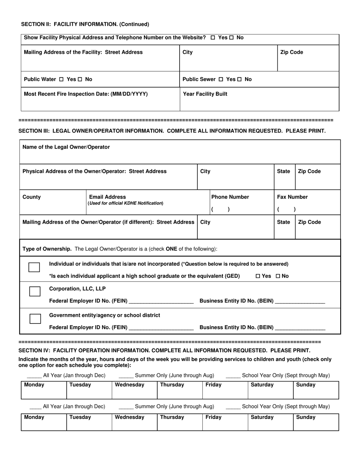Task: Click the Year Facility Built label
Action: coord(205,94)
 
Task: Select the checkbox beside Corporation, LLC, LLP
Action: coord(35,291)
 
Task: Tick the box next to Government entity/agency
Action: coord(35,319)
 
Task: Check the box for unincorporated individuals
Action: coord(34,267)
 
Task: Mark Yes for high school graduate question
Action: coord(258,276)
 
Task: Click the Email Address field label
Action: coord(107,197)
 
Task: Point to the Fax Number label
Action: coord(292,197)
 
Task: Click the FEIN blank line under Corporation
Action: coord(161,302)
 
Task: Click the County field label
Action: coord(32,197)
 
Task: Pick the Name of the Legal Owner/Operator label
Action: coord(66,147)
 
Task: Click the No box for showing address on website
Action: coord(232,38)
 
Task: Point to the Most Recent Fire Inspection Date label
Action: coord(86,94)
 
